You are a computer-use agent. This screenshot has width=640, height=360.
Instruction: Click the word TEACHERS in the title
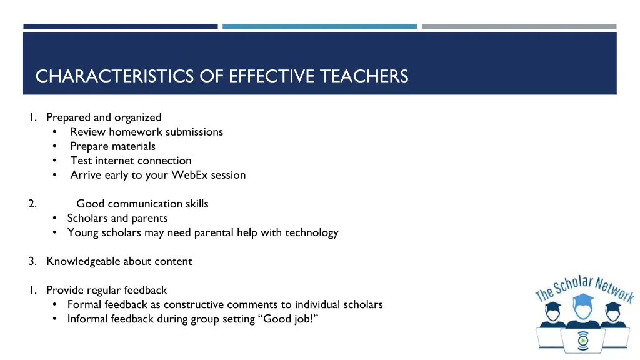pyautogui.click(x=364, y=76)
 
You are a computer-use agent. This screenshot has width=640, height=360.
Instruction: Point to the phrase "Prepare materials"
pyautogui.click(x=113, y=146)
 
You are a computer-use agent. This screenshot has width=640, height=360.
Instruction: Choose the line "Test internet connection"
pyautogui.click(x=131, y=161)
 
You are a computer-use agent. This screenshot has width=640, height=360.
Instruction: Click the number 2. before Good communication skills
pyautogui.click(x=32, y=204)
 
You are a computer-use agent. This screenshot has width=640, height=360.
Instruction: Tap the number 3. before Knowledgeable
pyautogui.click(x=32, y=261)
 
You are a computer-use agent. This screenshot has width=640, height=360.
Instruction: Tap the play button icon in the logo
pyautogui.click(x=583, y=340)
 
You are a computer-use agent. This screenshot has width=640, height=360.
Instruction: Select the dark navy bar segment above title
pyautogui.click(x=121, y=26)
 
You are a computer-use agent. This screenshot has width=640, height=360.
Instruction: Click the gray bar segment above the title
pyautogui.click(x=519, y=26)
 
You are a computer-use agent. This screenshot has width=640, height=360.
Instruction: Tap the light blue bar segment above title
pyautogui.click(x=319, y=26)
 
